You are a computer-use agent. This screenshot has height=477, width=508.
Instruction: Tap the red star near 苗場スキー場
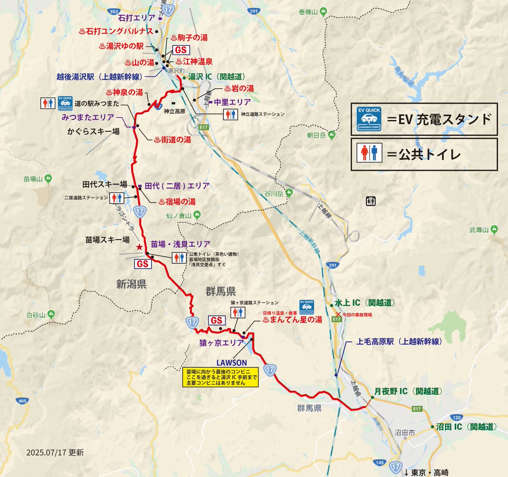[x=139, y=247]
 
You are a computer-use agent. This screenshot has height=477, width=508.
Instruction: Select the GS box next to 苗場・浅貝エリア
[x=143, y=264]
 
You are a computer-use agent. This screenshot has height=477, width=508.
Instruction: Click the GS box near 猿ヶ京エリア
[x=216, y=320]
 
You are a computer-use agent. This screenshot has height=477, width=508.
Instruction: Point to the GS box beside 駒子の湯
[x=181, y=50]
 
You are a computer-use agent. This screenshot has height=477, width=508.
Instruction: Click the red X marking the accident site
[x=338, y=314]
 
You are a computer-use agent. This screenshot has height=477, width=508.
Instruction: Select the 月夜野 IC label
[x=408, y=392]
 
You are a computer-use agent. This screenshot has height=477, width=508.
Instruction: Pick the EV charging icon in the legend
[x=369, y=119]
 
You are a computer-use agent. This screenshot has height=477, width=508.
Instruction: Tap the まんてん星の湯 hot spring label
[x=292, y=320]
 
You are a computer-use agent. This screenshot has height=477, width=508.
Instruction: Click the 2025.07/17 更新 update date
[x=55, y=452]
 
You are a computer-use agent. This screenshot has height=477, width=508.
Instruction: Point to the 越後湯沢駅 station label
[x=99, y=77]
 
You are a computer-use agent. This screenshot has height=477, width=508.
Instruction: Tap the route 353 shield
[x=114, y=12]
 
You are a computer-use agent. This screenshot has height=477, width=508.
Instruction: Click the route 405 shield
[x=22, y=400]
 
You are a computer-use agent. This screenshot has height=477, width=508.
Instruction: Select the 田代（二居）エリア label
[x=177, y=186]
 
